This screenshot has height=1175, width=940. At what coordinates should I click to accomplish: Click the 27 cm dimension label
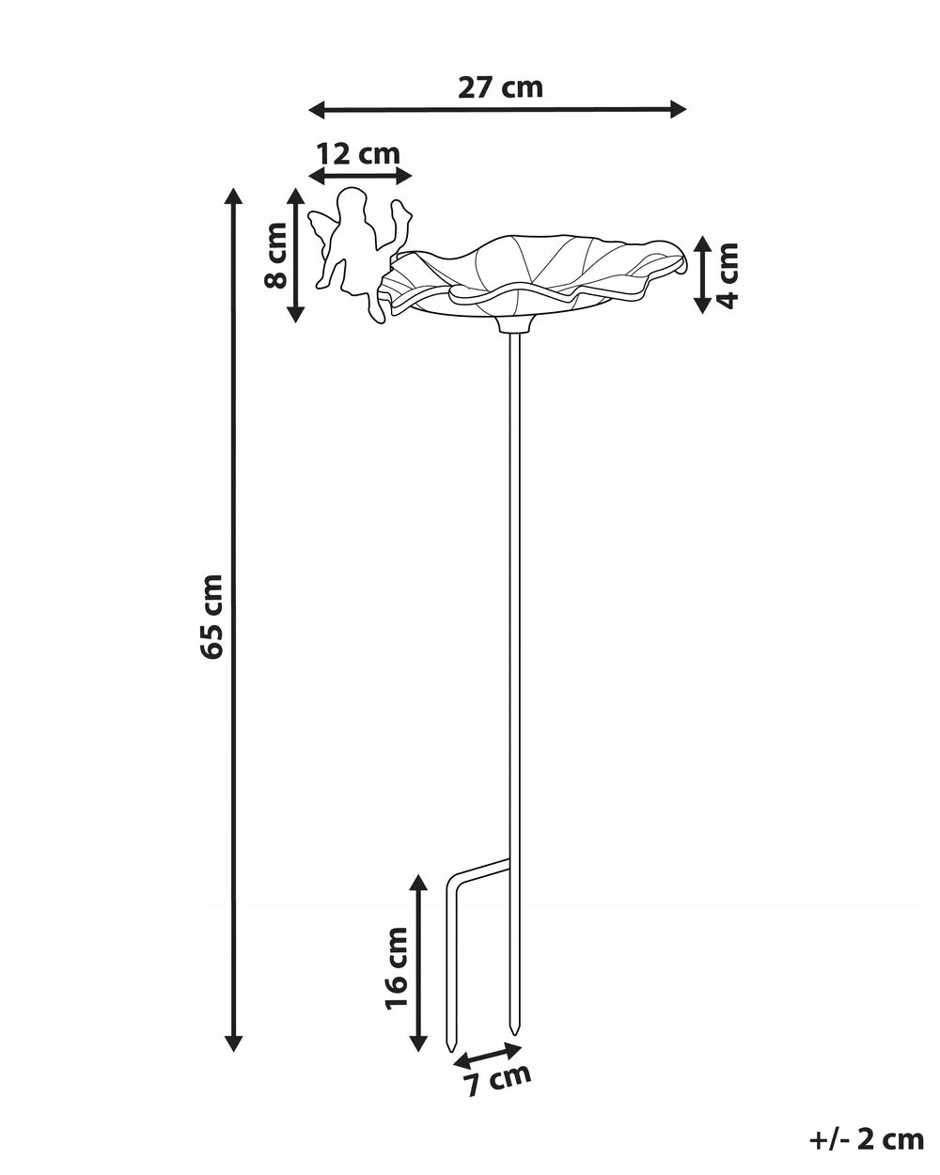[x=500, y=88]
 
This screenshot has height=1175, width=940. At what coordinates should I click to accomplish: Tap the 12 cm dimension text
[x=359, y=154]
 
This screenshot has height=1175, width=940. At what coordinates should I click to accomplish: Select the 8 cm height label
[x=275, y=255]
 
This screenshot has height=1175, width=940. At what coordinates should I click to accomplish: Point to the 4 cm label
[x=728, y=275]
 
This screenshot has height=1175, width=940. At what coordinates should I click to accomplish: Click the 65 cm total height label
[x=211, y=617]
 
